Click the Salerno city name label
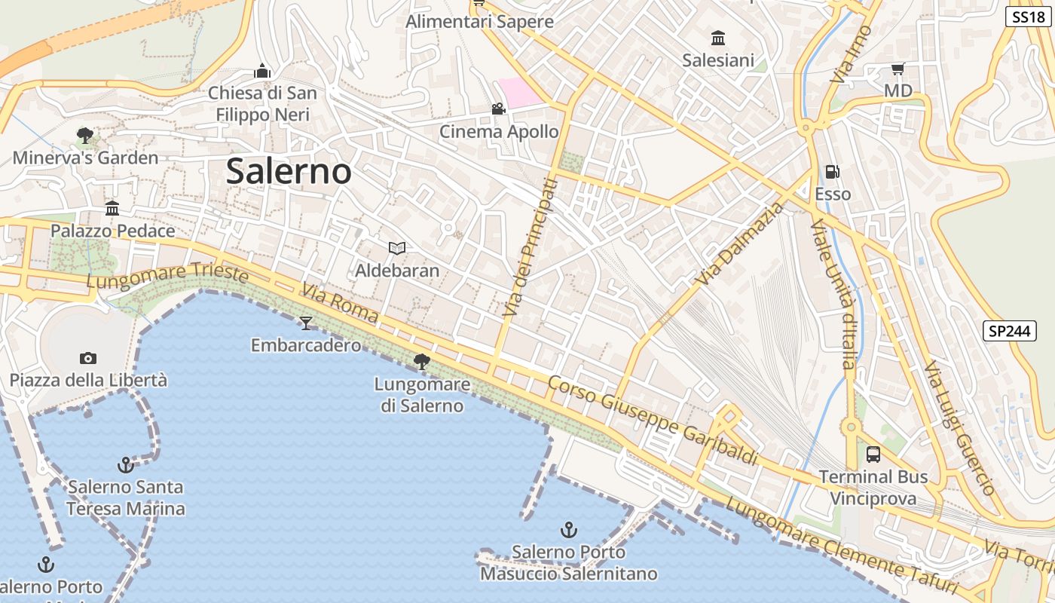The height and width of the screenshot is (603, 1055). [289, 172]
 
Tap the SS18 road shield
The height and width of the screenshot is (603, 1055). [1028, 17]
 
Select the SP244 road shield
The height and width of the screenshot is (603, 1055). [1010, 330]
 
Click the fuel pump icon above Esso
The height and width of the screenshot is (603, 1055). [833, 172]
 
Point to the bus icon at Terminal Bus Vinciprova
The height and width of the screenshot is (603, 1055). [873, 455]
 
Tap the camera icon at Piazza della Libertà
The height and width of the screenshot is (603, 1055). [88, 358]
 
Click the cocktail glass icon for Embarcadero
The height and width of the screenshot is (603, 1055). [305, 323]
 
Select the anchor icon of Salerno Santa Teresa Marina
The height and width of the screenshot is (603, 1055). [126, 464]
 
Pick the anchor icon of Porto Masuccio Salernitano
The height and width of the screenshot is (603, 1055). [570, 529]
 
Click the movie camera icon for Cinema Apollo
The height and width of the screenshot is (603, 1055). [498, 109]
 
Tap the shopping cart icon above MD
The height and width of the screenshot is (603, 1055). [898, 69]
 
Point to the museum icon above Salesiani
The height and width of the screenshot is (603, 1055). [718, 38]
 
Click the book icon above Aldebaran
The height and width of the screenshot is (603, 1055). [397, 248]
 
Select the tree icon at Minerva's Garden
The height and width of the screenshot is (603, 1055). [85, 136]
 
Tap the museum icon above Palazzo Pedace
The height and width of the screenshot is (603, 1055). [112, 208]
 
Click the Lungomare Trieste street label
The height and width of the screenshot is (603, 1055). [167, 276]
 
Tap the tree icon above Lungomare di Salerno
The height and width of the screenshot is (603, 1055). [422, 362]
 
